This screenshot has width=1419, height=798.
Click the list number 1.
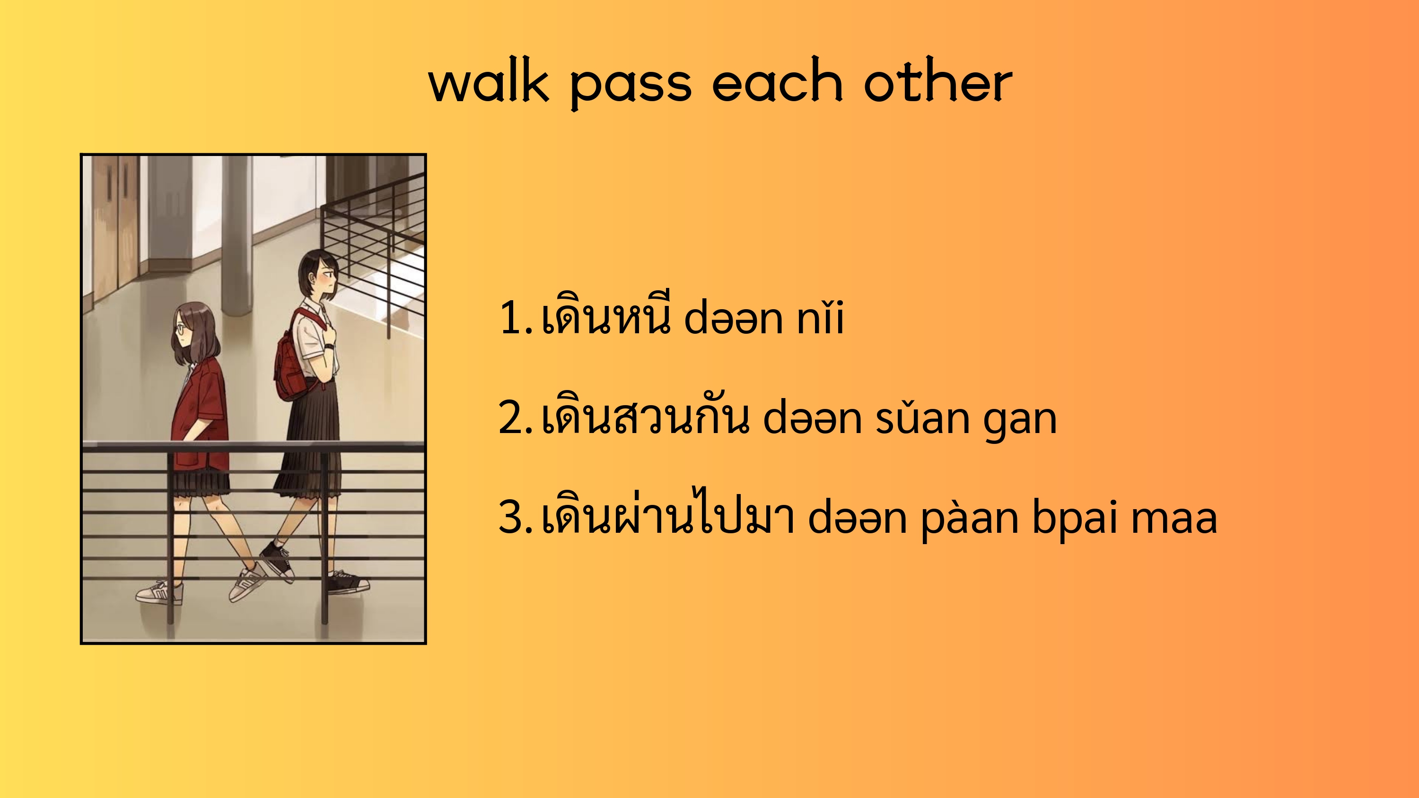coord(515,318)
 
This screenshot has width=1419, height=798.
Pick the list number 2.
coord(515,418)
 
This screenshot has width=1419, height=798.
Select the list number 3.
coord(515,518)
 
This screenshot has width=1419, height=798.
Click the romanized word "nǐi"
coord(820,318)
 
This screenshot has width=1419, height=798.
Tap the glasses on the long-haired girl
coord(180,330)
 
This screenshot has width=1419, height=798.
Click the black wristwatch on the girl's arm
coord(329,347)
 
